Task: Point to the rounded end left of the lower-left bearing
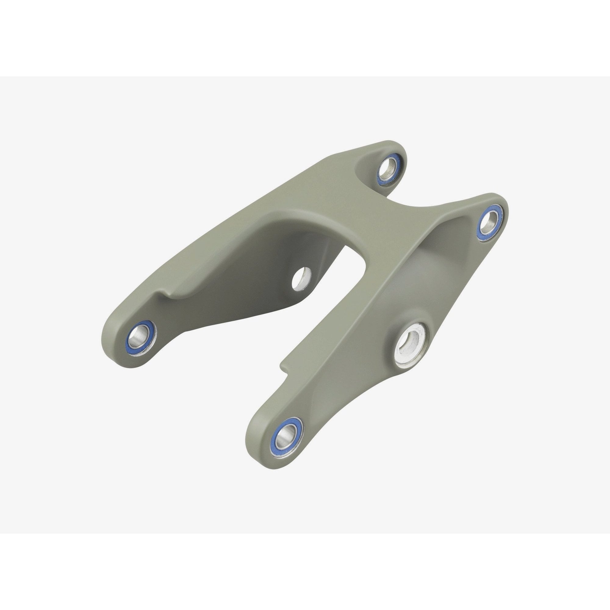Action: [x=115, y=344]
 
